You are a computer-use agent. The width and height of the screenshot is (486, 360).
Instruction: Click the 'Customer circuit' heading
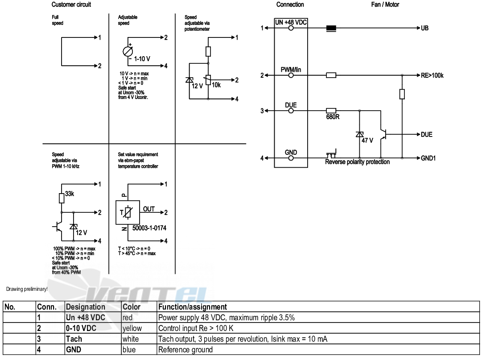tap(71, 4)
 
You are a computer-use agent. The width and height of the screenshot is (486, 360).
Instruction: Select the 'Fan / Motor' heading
tap(385, 4)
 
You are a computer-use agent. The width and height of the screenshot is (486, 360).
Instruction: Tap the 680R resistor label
tap(333, 117)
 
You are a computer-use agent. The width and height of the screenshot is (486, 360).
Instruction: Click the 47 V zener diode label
tap(367, 141)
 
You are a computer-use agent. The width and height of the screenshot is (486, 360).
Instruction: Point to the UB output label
tap(424, 28)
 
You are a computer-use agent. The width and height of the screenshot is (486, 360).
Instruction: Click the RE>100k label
tap(432, 75)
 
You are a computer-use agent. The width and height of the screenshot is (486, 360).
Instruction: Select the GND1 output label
tap(428, 158)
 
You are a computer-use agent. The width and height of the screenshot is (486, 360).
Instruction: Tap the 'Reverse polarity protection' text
tap(358, 162)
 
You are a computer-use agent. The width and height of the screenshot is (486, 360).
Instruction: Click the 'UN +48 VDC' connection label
tap(291, 22)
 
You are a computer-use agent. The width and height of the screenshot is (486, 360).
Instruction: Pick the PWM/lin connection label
tap(291, 70)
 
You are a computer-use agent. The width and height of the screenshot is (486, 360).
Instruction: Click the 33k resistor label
tap(70, 194)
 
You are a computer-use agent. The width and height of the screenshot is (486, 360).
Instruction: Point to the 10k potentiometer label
tap(216, 85)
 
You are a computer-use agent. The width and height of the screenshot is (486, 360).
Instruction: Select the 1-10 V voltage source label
tap(142, 59)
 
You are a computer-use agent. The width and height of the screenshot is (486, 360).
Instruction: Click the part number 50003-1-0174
tap(149, 228)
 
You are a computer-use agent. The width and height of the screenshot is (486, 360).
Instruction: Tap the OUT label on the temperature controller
tap(149, 209)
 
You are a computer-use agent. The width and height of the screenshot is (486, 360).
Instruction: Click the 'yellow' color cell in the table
tap(132, 328)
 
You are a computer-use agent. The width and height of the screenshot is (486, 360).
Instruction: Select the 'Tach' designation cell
tap(74, 339)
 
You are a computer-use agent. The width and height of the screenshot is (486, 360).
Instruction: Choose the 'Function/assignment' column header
tap(193, 307)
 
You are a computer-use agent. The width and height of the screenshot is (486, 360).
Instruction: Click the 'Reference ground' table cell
tap(185, 350)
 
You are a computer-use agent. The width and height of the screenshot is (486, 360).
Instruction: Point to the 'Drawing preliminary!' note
tap(27, 290)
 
